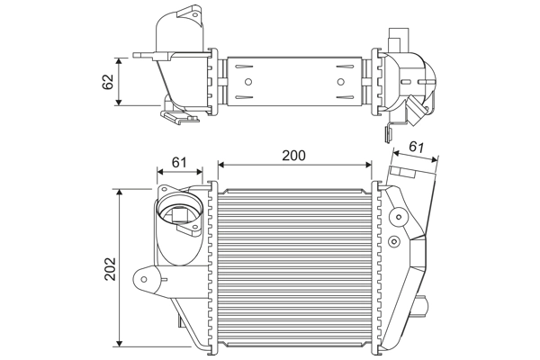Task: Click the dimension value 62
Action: click(108, 81)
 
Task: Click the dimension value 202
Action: click(110, 267)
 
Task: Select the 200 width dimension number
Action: click(293, 155)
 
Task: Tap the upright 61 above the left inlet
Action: click(178, 162)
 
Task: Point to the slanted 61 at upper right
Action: click(417, 147)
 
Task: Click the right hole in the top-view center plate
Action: click(341, 83)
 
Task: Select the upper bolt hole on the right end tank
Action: click(396, 216)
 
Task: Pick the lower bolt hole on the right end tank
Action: click(396, 241)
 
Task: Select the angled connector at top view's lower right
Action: click(418, 111)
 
